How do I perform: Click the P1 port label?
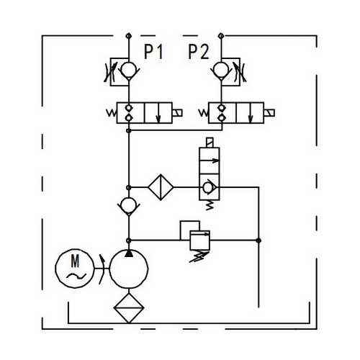153,52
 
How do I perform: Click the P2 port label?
199,52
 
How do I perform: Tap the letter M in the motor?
75,261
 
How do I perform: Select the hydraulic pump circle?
129,269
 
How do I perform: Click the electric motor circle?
75,268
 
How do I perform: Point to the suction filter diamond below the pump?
129,307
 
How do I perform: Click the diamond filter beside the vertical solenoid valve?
161,187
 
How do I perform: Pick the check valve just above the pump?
129,206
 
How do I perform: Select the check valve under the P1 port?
129,70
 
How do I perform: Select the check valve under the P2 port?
221,70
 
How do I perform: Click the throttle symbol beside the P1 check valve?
110,72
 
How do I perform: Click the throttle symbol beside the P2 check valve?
240,72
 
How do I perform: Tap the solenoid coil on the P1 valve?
177,113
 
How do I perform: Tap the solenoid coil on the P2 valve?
269,113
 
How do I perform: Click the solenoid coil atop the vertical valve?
210,143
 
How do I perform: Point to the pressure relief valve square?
200,240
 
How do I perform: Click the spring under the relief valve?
199,256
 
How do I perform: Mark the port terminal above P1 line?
129,36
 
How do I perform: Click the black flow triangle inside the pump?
129,253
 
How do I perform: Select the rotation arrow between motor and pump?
102,269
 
